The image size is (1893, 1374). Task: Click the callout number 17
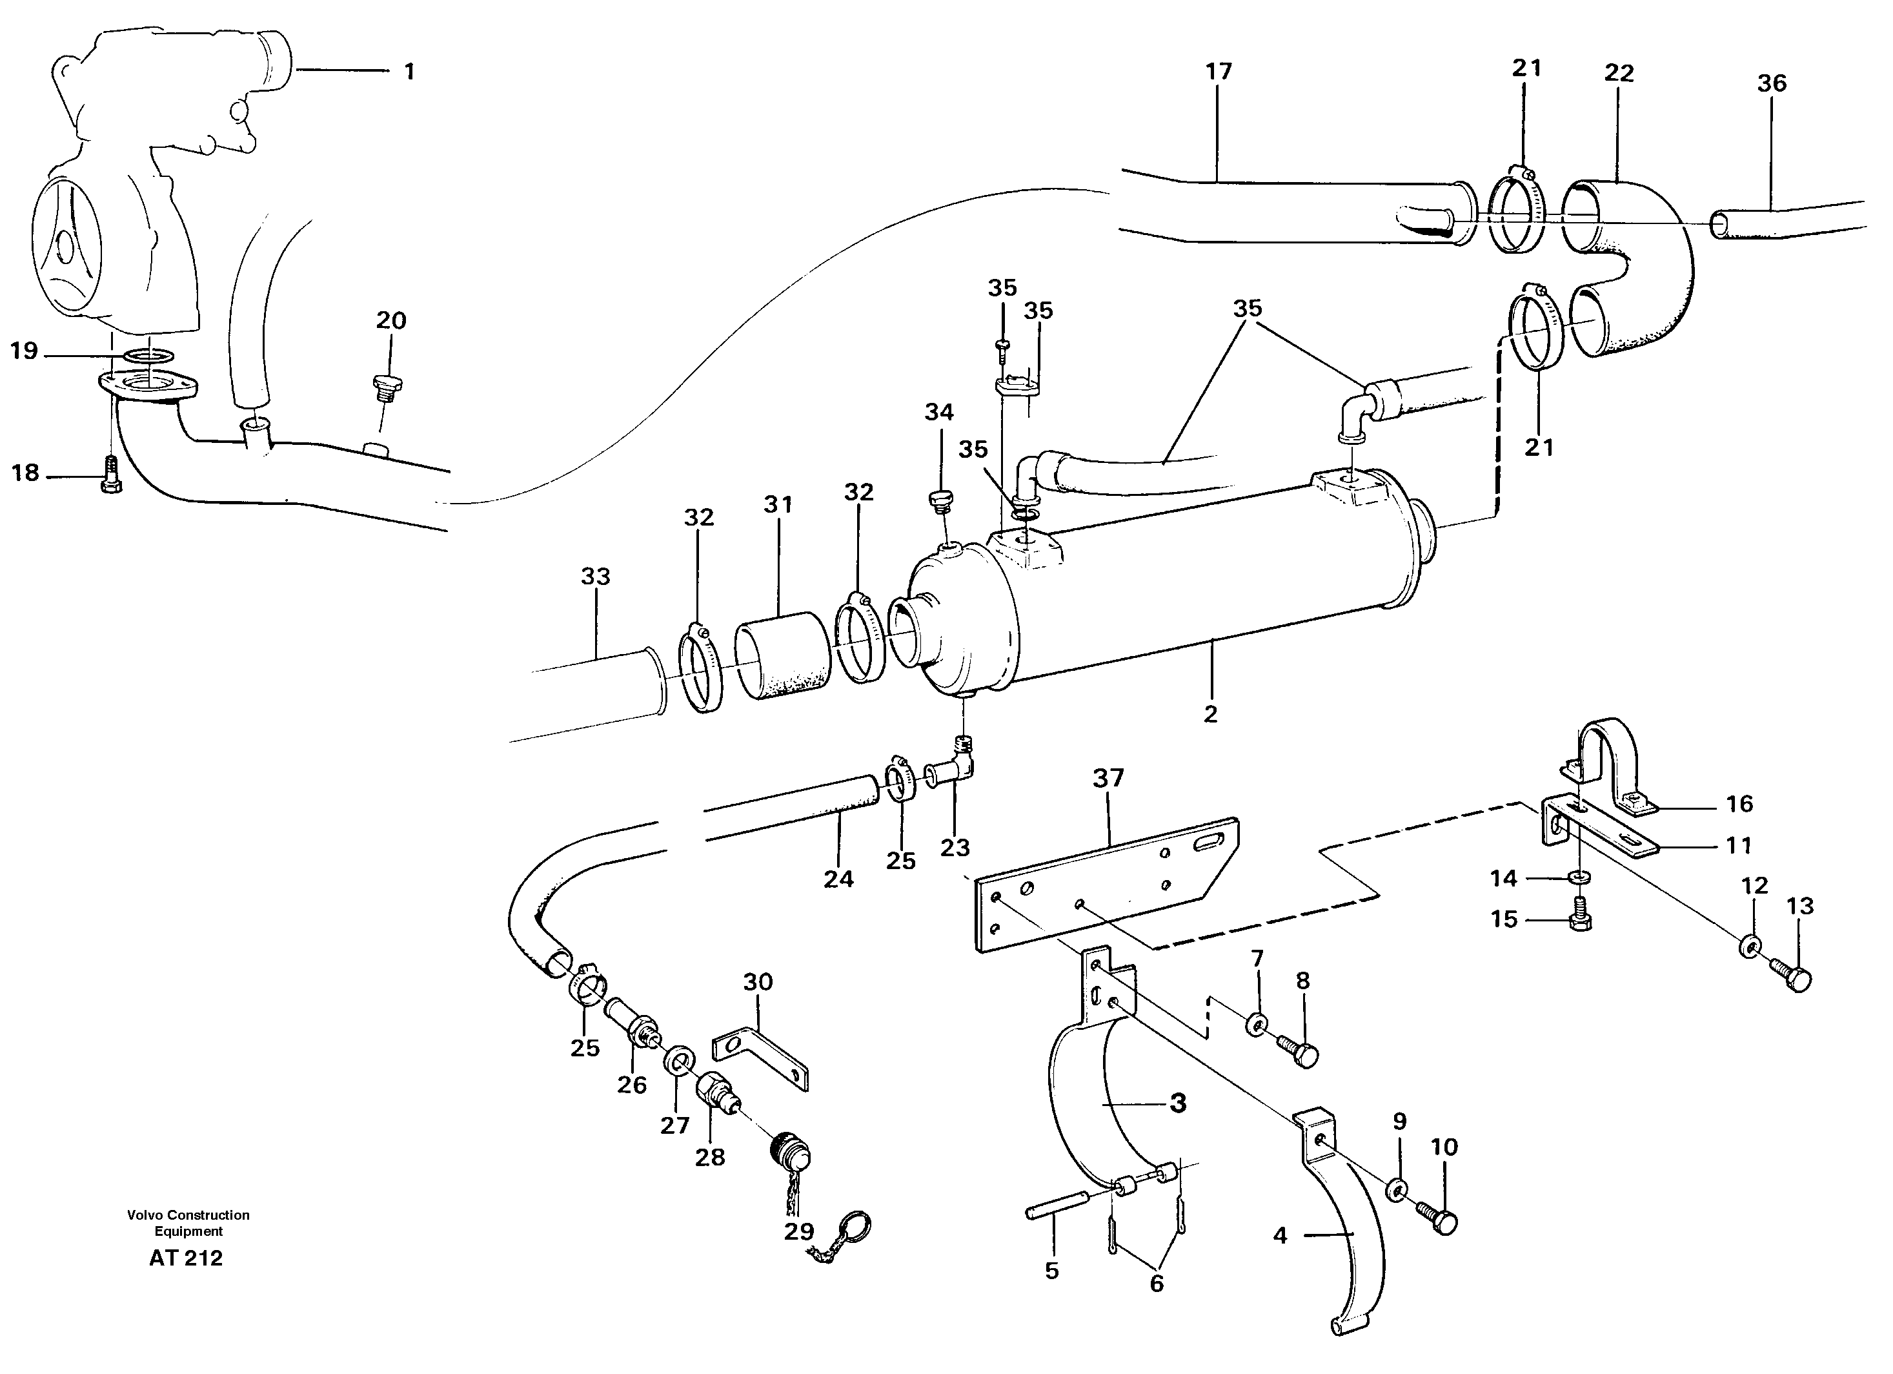(1219, 72)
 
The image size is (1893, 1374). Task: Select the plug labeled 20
(387, 388)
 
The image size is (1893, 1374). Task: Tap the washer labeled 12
(1750, 947)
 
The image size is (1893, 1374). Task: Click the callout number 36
(1771, 83)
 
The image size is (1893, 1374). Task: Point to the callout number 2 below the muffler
(1210, 713)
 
